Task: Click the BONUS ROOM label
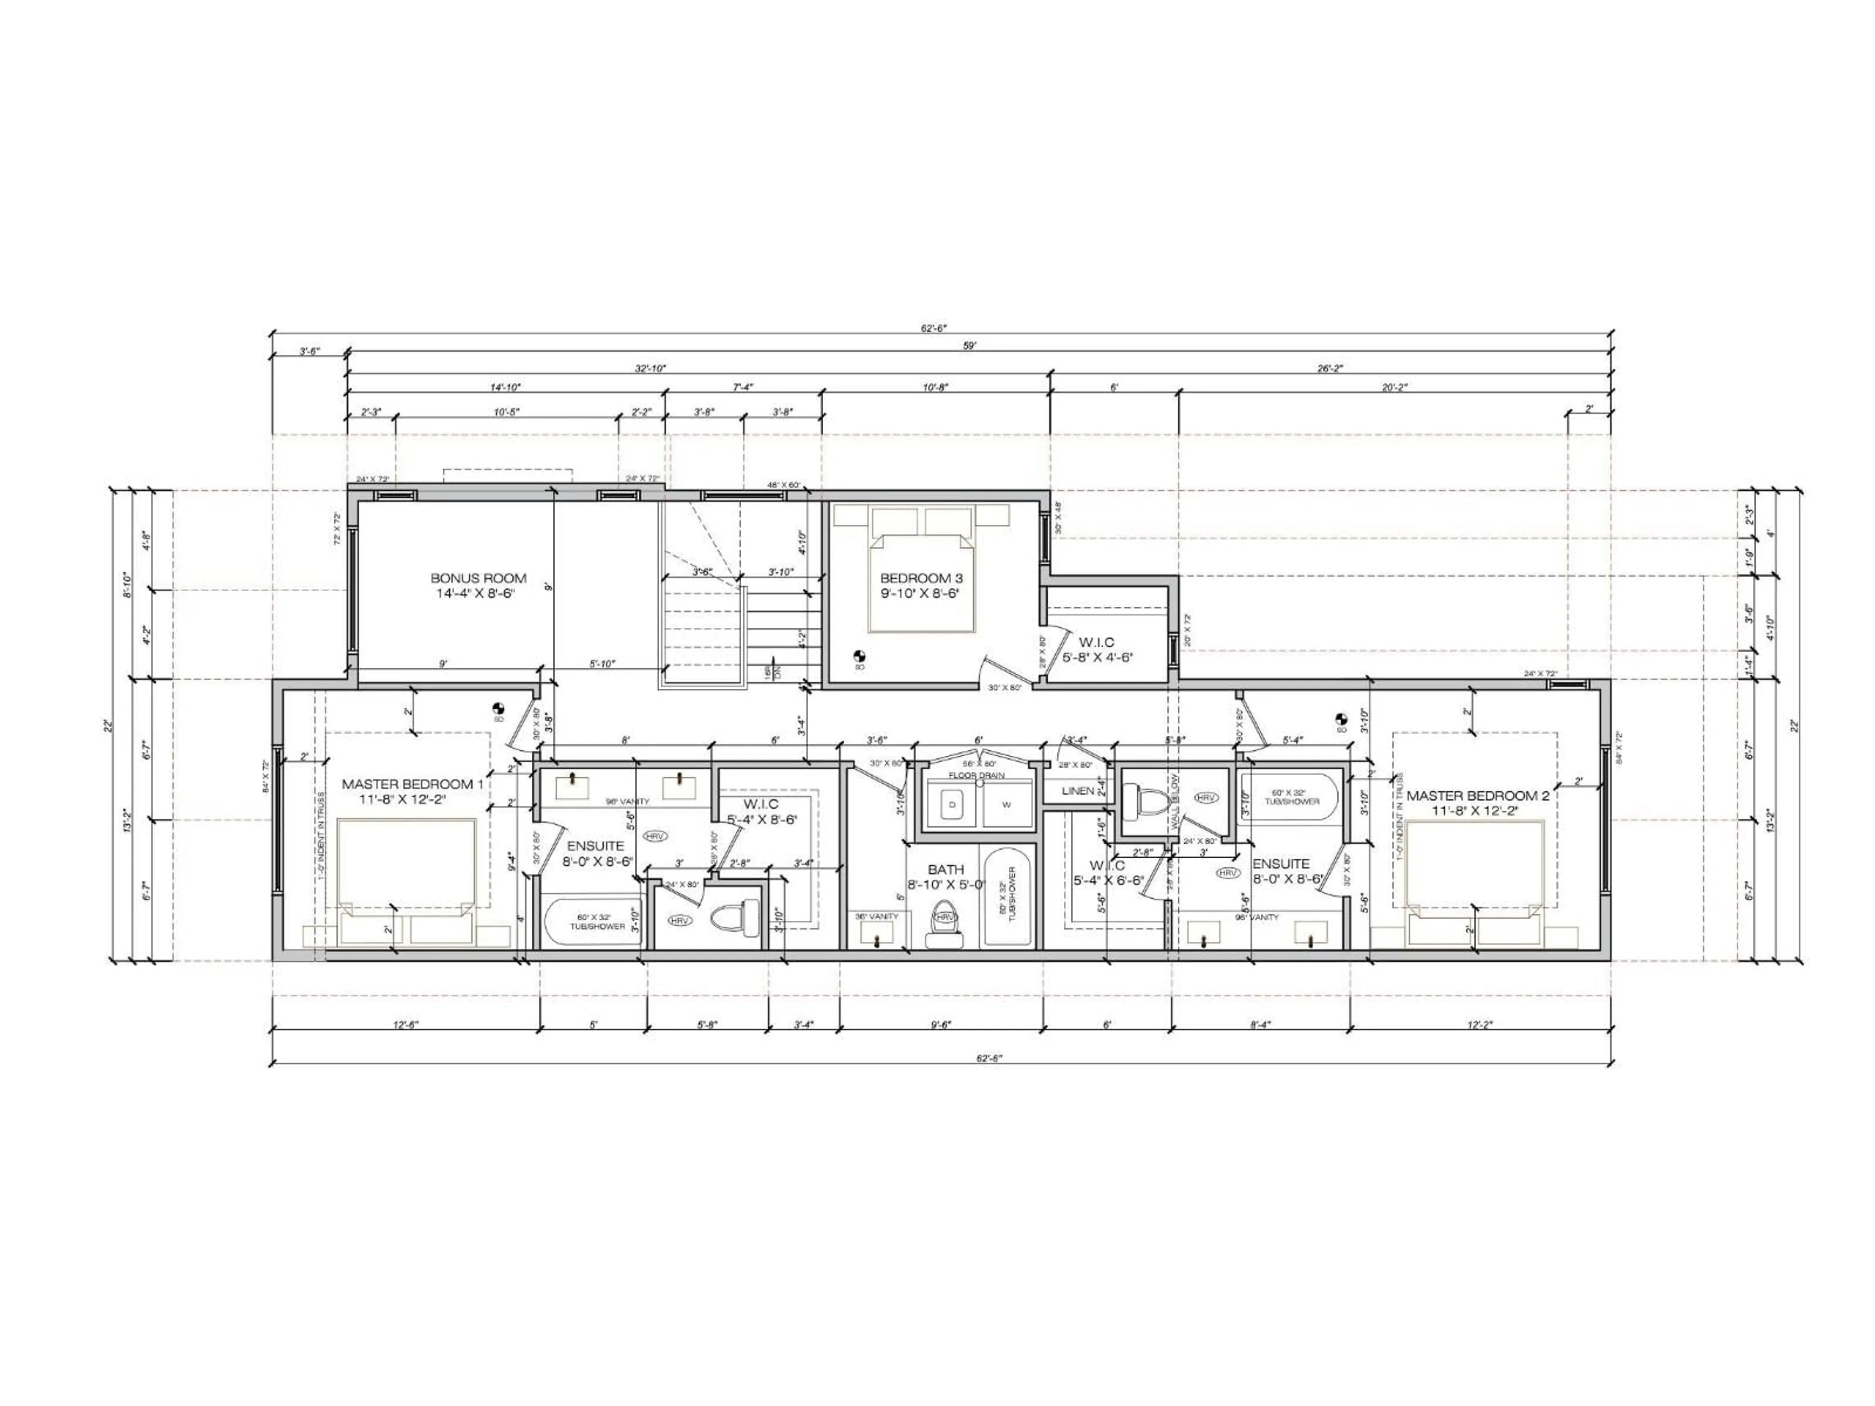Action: (x=478, y=586)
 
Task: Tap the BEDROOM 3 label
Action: (x=921, y=586)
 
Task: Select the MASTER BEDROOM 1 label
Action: (x=412, y=791)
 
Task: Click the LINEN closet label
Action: (x=1077, y=791)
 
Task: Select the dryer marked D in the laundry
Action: (x=952, y=804)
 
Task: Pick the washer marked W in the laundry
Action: (x=1006, y=804)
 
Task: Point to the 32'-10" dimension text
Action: (x=650, y=369)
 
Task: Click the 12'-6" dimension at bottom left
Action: (x=406, y=1025)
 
